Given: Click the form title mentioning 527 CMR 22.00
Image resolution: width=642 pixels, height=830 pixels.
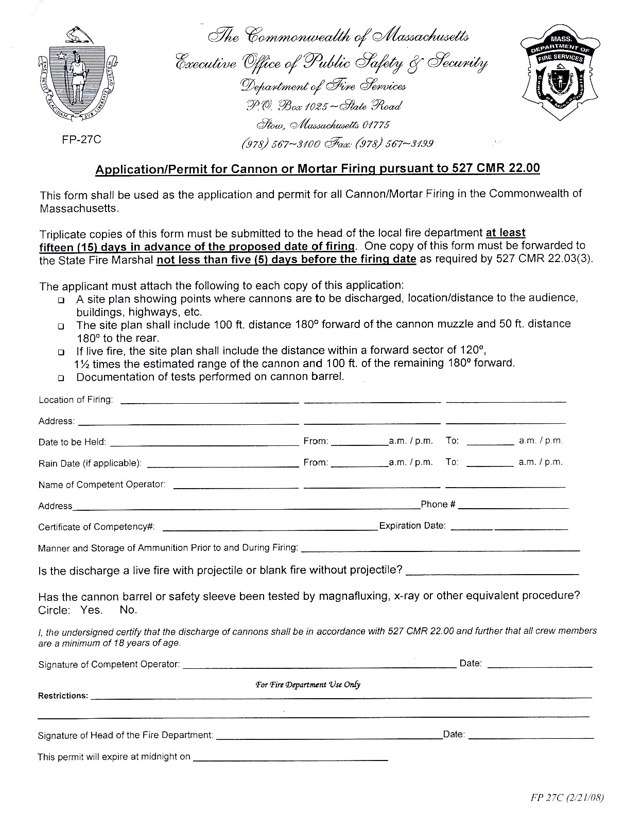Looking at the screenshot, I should coord(317,169).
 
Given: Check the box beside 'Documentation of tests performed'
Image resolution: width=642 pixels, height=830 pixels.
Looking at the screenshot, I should coord(62,378).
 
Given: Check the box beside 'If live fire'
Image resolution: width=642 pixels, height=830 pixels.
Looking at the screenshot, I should coord(62,352).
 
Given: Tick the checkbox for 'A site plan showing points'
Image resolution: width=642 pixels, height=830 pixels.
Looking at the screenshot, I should coord(62,300).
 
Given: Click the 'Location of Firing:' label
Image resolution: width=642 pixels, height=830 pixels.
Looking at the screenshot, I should coord(76,400).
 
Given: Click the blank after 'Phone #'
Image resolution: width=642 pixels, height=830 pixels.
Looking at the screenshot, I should coord(513,506).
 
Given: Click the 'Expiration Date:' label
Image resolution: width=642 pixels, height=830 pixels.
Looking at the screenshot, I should coord(412,526).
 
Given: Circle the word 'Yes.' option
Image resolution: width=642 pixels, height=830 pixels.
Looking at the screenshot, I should coord(92,611).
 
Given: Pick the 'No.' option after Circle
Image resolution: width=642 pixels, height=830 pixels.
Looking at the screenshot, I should coord(128,611).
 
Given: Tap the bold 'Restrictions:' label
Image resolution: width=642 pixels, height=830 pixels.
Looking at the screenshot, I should coord(63,696).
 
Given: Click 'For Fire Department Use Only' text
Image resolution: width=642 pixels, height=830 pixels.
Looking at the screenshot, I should coord(308,685).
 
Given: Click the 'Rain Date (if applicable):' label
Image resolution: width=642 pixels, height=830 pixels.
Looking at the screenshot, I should coord(90,463).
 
